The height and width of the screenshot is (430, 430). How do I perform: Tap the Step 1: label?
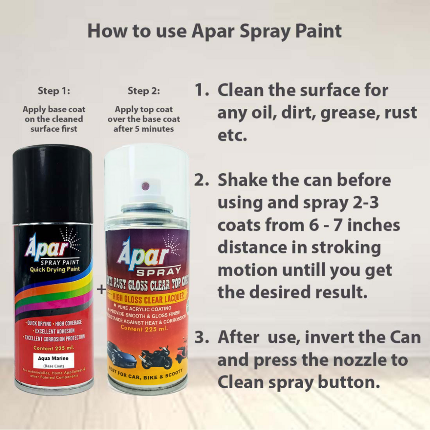coord(54,91)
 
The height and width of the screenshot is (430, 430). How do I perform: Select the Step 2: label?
coord(144,91)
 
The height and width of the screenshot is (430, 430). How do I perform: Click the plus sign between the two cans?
coord(101,289)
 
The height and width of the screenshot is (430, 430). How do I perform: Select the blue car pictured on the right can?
coord(121,353)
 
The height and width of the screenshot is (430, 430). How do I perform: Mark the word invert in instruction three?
coord(331,337)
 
